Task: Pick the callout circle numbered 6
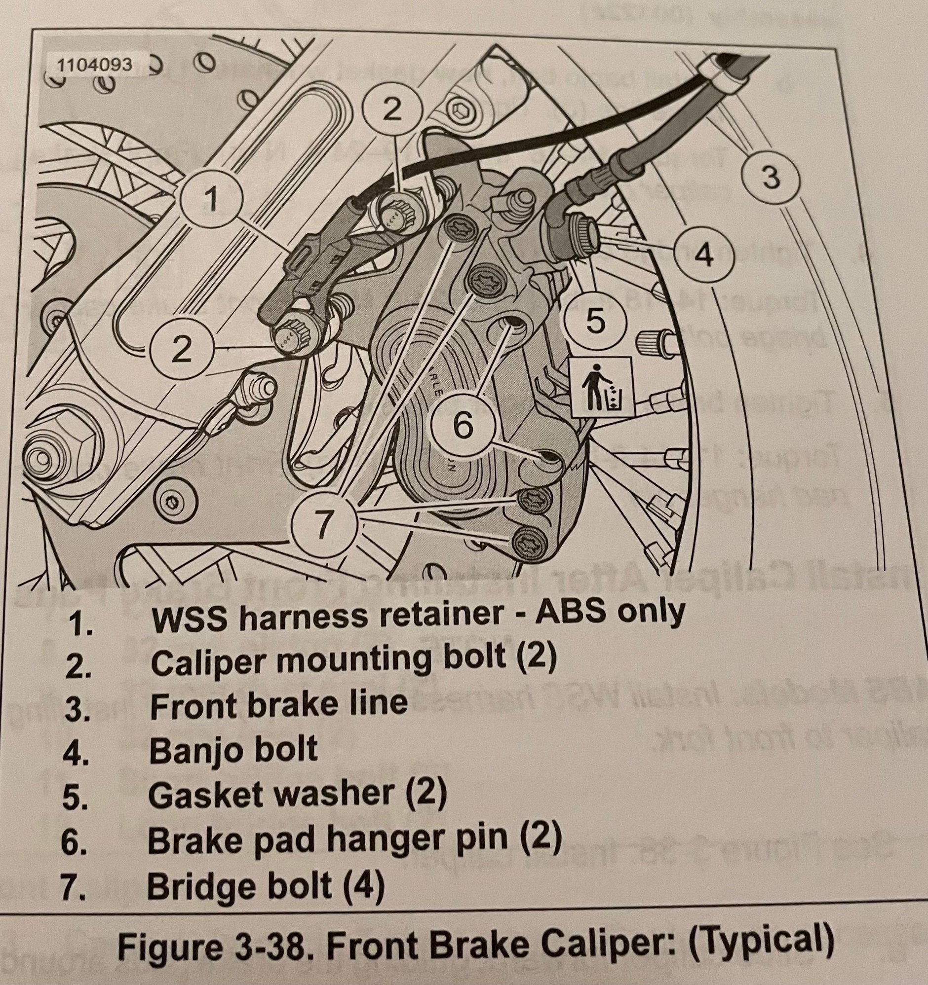[463, 426]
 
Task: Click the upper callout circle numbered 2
[392, 111]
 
